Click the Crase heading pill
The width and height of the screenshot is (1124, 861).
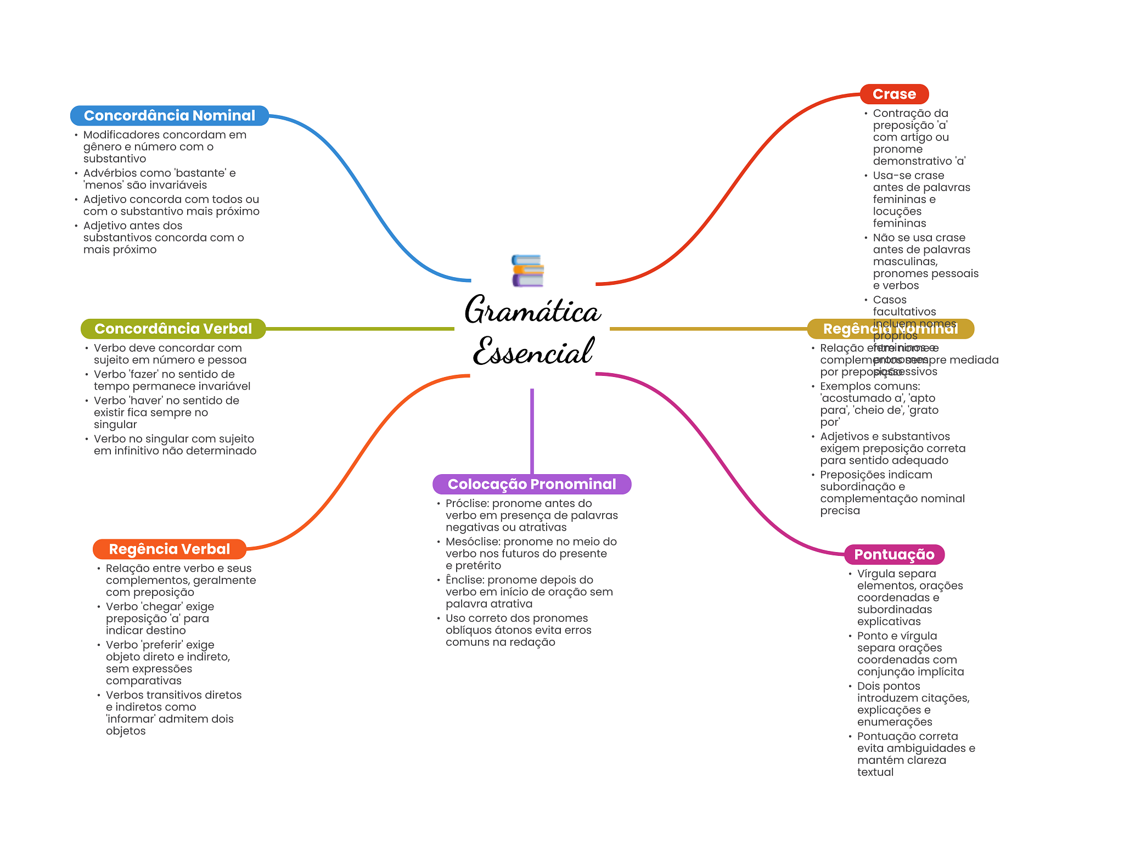point(893,94)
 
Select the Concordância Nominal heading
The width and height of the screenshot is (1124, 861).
point(169,115)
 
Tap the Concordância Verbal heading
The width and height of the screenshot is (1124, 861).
point(173,329)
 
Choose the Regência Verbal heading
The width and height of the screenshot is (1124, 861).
point(169,549)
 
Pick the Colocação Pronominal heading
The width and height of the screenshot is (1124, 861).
point(531,484)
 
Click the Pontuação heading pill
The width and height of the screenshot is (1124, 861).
point(893,554)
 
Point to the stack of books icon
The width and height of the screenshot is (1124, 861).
point(527,271)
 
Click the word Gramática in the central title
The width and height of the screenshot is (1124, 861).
point(532,310)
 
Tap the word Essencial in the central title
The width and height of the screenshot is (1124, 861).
point(533,351)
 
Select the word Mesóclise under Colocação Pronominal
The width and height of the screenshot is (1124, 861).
point(472,542)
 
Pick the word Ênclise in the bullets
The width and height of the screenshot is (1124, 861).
point(464,580)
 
